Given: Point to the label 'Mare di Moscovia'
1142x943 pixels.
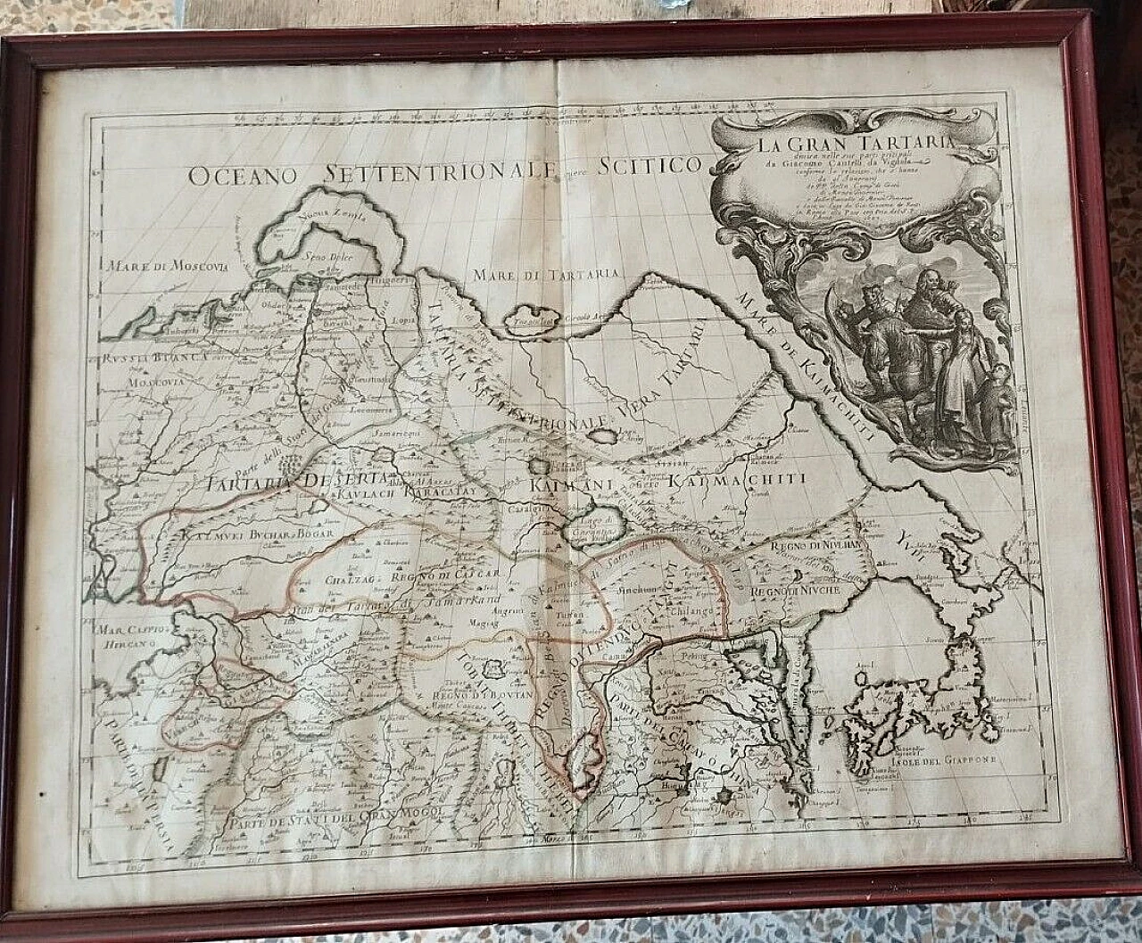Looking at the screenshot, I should [167, 265].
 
